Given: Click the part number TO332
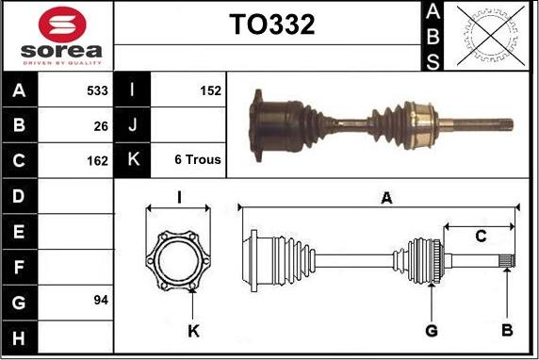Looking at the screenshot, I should click(271, 25).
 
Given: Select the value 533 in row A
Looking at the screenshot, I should click(97, 91).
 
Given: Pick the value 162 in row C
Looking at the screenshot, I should click(97, 160).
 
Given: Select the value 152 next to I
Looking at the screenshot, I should click(210, 91).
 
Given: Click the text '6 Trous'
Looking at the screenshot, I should click(198, 160).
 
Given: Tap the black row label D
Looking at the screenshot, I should click(20, 196).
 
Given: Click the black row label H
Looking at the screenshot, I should click(20, 335).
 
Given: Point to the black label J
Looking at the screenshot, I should click(132, 125).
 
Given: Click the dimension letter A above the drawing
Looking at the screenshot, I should click(385, 198).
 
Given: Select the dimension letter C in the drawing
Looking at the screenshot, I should click(480, 237).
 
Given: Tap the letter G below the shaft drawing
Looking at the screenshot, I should click(431, 330).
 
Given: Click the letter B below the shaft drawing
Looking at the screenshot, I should click(506, 330).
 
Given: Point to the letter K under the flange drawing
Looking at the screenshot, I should click(194, 330).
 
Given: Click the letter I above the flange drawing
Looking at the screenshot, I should click(179, 197).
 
